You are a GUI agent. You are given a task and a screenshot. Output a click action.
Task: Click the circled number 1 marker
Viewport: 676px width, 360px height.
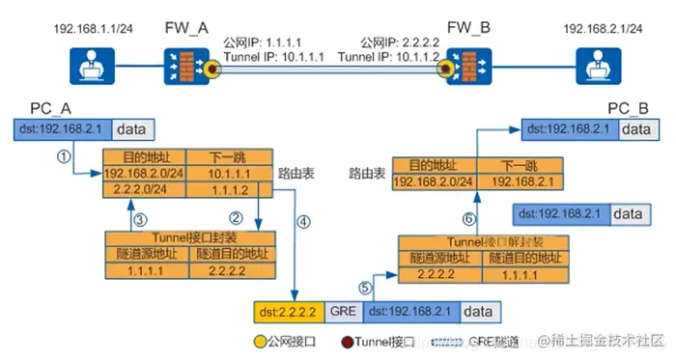pos(64,155)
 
